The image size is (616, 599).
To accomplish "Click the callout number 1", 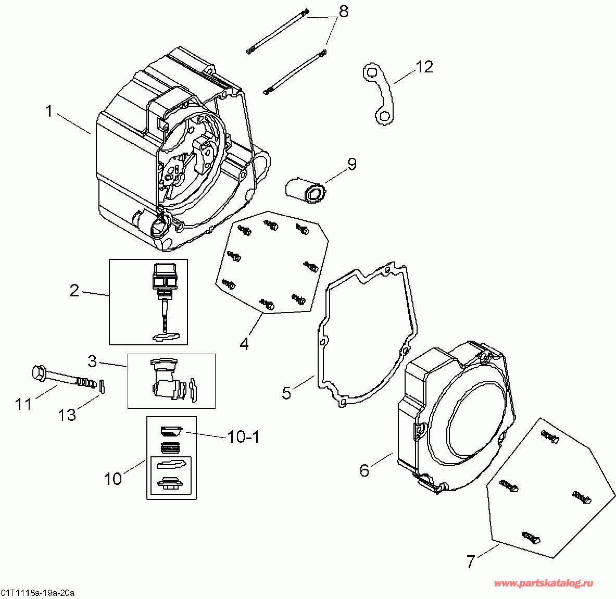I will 49,111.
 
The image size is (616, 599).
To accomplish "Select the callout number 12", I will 424,67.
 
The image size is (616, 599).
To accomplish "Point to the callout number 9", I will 352,164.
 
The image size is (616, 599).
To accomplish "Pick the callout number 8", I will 343,10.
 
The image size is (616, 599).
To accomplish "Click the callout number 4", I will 244,344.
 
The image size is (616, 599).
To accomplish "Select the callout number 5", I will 287,392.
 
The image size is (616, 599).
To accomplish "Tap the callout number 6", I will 364,470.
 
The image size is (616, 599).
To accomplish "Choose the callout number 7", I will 471,561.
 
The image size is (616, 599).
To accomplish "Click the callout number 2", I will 74,290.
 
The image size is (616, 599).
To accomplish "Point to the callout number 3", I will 92,360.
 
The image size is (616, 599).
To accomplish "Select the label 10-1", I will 243,436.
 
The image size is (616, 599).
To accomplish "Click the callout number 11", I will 23,404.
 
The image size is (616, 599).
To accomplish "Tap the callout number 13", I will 67,415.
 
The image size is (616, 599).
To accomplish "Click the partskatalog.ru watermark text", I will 543,583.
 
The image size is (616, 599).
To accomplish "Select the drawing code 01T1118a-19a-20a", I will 37,593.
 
